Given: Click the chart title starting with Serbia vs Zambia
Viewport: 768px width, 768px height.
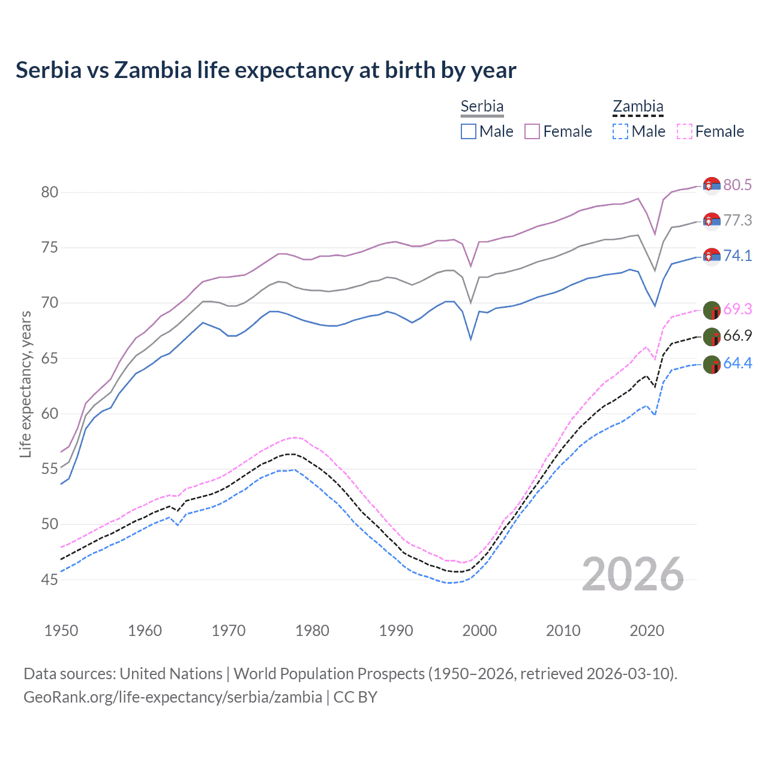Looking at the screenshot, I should (265, 70).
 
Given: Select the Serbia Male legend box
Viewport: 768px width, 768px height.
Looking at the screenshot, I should (469, 131).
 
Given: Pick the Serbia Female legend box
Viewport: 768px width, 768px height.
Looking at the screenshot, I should (532, 131).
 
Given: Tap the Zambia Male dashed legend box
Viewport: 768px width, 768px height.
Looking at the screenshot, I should (620, 131).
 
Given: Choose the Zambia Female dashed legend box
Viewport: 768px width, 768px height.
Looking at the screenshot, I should (684, 131).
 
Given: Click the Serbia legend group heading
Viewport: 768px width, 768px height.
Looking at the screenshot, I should (482, 106).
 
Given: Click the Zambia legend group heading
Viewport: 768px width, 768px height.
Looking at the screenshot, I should (638, 106).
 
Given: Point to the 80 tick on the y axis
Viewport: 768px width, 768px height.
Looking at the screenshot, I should (50, 193).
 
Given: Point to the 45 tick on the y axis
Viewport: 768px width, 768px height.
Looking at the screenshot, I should (50, 580).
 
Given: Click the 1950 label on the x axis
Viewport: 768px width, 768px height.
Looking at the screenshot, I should (61, 631).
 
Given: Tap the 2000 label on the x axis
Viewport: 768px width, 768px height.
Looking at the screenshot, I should (480, 631).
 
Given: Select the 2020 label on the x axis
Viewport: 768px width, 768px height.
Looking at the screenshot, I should (647, 631).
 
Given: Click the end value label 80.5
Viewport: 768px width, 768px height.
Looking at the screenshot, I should (737, 185).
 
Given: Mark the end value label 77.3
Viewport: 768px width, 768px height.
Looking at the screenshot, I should (737, 221).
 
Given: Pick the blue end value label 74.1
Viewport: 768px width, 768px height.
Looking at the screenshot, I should (737, 256).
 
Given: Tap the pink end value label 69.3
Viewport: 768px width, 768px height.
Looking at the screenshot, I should (737, 310).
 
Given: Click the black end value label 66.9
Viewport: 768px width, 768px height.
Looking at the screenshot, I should (737, 336).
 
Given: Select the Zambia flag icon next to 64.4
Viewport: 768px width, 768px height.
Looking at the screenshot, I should (712, 364).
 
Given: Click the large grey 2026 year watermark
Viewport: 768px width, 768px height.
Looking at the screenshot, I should (633, 575).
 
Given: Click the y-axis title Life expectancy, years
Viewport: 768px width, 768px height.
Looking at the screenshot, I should (25, 385).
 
